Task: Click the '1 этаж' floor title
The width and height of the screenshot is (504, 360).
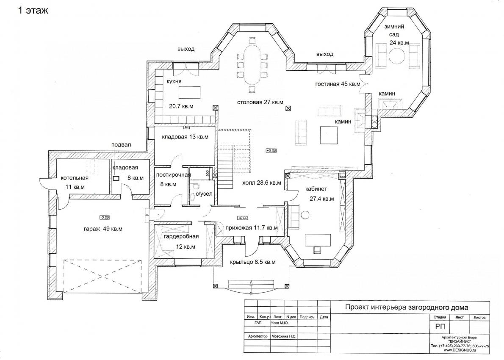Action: click(33, 10)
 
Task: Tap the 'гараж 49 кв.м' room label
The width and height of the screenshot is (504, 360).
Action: click(103, 229)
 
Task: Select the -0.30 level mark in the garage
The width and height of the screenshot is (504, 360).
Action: click(105, 217)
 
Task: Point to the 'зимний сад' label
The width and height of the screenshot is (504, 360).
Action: click(394, 30)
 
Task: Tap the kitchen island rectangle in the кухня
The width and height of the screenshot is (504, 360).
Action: click(190, 93)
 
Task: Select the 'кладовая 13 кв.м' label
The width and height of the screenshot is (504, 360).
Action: click(185, 137)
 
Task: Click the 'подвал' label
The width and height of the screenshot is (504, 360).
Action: click(121, 145)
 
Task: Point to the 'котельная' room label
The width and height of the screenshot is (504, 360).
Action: click(75, 178)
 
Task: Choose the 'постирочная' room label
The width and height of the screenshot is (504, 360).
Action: click(173, 175)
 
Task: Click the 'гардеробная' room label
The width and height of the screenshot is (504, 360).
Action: click(181, 237)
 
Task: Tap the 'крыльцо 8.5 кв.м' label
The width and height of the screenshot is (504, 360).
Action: click(253, 262)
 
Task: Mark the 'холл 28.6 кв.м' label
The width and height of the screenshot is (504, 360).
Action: click(261, 183)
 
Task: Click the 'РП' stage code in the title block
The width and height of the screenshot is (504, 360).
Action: click(440, 327)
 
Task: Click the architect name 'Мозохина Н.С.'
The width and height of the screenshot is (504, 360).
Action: click(284, 336)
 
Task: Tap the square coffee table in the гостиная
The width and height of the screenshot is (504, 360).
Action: click(329, 135)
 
